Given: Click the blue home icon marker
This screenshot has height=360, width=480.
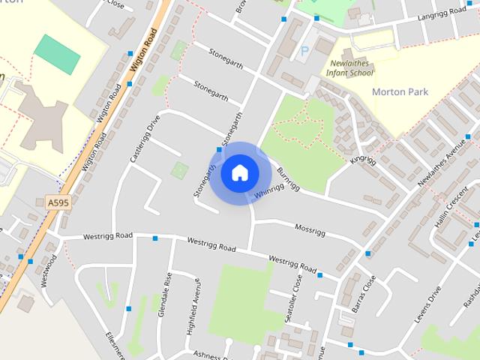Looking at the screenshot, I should click(240, 172).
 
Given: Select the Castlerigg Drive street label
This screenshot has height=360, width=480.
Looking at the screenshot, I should click(145, 139).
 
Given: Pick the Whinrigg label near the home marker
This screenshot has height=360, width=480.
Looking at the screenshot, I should click(268, 192).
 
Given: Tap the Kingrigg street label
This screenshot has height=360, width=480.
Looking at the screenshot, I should click(363, 161).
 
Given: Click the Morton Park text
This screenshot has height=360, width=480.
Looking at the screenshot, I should click(400, 92).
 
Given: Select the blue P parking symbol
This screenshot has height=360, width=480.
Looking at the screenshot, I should click(304, 51).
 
